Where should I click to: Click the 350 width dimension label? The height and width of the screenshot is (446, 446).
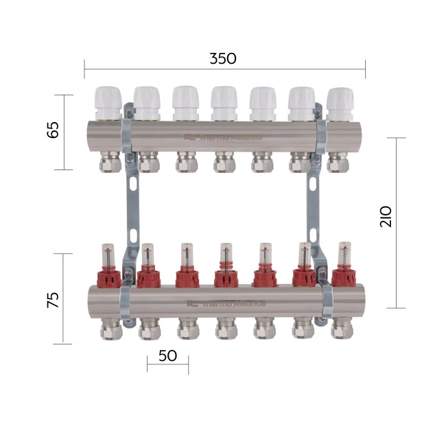[x=223, y=58]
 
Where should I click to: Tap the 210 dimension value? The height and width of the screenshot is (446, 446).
[x=386, y=216]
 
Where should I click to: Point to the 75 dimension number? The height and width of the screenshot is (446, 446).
[x=52, y=299]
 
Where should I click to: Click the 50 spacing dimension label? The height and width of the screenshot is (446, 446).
[x=167, y=355]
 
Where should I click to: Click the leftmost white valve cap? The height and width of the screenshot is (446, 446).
[x=108, y=103]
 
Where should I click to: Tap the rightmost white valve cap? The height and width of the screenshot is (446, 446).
[x=340, y=103]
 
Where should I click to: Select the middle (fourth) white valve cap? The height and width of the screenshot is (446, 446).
[x=224, y=103]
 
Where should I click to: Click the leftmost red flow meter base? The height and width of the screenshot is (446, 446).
[x=108, y=277]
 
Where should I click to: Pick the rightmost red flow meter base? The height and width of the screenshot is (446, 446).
[x=344, y=277]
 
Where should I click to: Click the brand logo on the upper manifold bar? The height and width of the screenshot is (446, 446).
[x=223, y=137]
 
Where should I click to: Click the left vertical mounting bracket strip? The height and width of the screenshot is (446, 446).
[x=132, y=206]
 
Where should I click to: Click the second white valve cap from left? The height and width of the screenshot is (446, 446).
[x=147, y=103]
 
